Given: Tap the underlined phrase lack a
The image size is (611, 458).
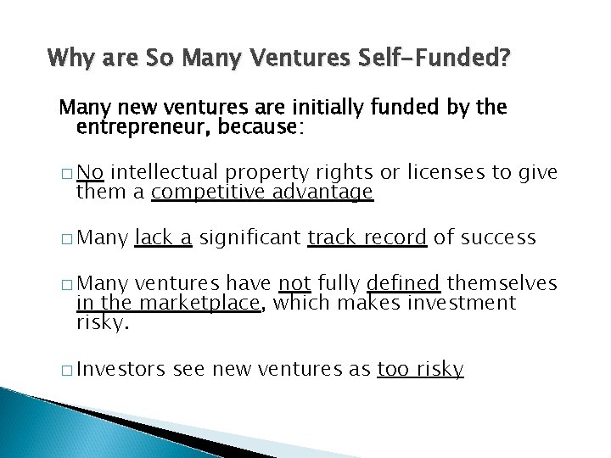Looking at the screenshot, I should (164, 237).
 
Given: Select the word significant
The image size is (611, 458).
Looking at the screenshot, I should (250, 237).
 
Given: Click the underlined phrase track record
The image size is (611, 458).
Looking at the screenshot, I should (367, 237).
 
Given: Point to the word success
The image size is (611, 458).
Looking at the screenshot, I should (496, 237).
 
